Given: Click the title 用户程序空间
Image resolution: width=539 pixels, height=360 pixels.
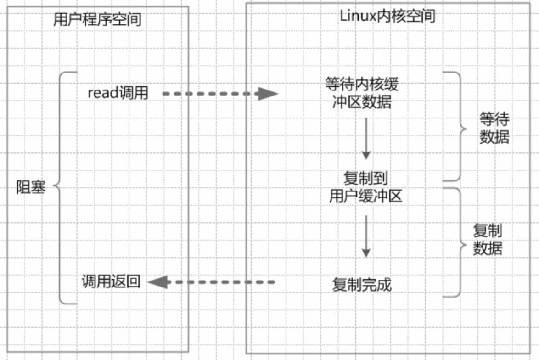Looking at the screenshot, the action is [x=97, y=19].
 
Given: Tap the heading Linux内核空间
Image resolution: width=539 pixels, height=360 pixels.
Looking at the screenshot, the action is [x=387, y=16].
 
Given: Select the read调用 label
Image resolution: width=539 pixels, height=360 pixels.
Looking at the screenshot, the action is [x=118, y=93].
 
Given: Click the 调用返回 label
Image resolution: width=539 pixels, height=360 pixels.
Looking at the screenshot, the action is [x=111, y=281].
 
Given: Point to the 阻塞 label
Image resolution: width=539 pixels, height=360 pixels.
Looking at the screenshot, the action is [x=31, y=187].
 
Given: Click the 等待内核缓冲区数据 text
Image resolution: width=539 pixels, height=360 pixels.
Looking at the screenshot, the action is [x=362, y=93].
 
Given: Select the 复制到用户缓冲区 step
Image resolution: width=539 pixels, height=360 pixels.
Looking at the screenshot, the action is [x=366, y=187].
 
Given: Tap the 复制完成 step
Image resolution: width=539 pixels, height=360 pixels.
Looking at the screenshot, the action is [x=362, y=285].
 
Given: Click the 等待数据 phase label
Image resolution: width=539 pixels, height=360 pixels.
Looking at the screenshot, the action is [x=494, y=128].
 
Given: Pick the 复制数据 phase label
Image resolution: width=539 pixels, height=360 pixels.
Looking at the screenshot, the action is [x=488, y=239].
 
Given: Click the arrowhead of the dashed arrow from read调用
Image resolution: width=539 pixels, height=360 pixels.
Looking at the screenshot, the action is [x=268, y=94].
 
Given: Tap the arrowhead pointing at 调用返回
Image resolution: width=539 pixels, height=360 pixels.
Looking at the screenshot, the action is [x=158, y=282].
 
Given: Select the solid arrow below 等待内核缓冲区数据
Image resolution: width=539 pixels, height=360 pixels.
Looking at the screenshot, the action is [x=366, y=139].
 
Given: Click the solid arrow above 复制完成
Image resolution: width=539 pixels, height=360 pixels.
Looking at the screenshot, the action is [x=366, y=236].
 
